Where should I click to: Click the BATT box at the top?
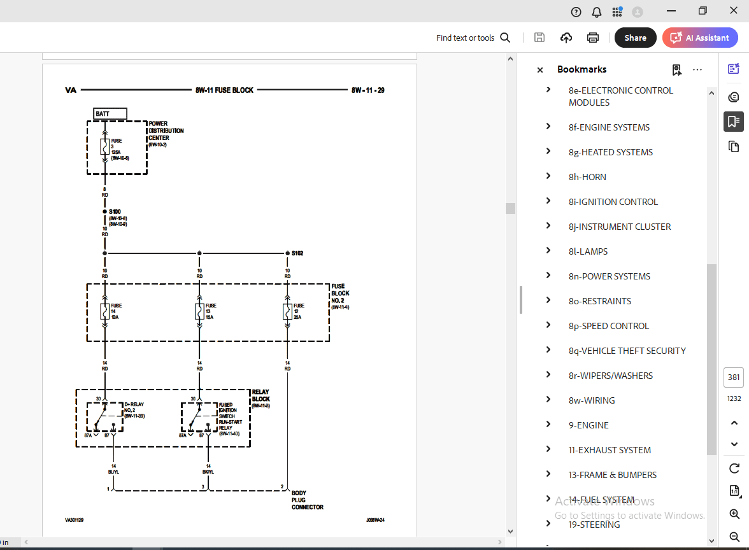tap(110, 114)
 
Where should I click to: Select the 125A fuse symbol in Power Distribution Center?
tap(104, 148)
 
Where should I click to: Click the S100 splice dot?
tap(104, 211)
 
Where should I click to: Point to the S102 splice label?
tap(297, 253)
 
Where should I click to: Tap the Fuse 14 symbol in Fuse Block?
tap(104, 311)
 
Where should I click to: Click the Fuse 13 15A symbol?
tap(199, 311)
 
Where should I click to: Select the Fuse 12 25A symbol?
tap(287, 311)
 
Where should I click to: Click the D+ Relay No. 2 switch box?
tap(104, 417)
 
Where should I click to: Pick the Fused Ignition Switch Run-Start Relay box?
tap(199, 417)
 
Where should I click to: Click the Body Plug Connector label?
tap(308, 500)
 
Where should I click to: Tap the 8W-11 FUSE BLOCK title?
tap(224, 90)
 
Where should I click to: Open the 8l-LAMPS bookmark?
tap(588, 251)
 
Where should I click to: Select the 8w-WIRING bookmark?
tap(592, 400)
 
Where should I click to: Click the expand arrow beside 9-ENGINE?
tap(548, 425)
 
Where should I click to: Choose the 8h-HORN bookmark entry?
tap(587, 177)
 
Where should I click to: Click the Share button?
tap(635, 38)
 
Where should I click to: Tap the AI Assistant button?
tap(700, 38)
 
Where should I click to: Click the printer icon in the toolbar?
tap(593, 38)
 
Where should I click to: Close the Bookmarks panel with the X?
tap(540, 70)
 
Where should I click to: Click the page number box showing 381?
tap(734, 377)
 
